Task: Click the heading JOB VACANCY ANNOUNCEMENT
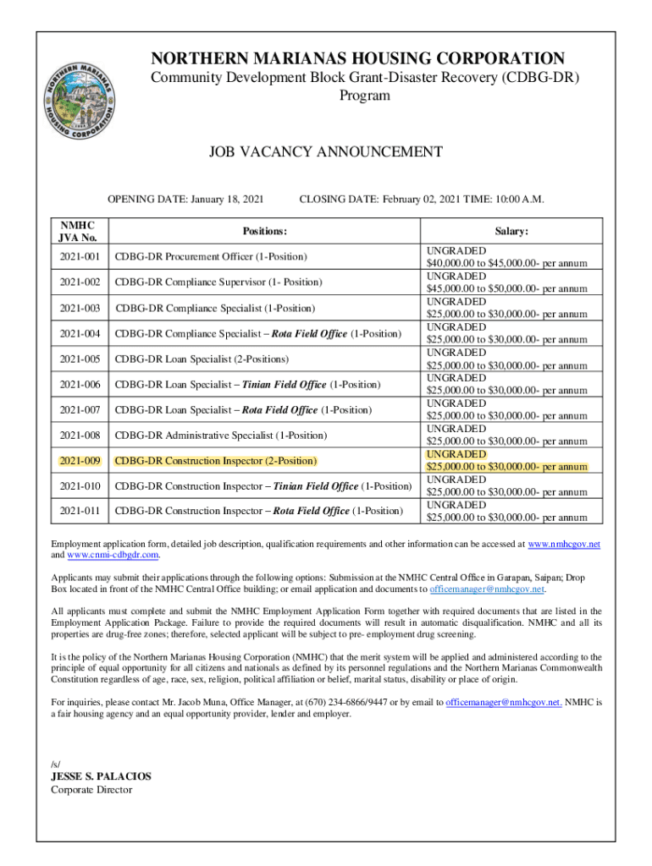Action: coord(326,152)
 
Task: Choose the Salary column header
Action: coord(511,231)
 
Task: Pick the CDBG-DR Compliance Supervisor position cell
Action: coord(218,282)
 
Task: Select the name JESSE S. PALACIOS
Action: coord(102,776)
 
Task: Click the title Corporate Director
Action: coord(91,790)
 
